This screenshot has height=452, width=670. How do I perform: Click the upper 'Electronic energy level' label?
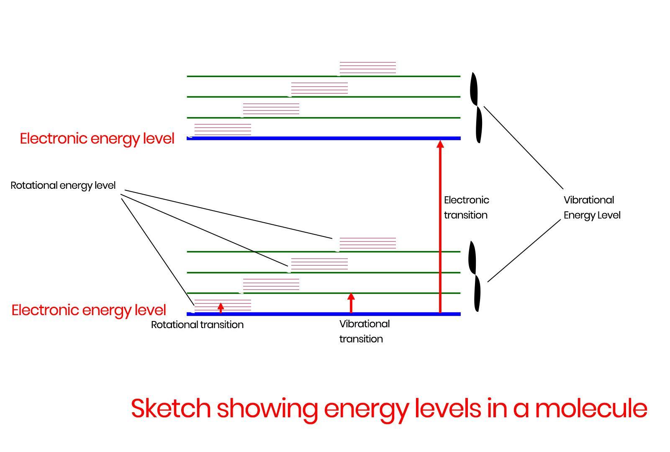tap(97, 139)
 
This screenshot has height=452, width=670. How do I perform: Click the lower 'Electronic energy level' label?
tap(89, 310)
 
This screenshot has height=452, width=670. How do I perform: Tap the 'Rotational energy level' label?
tap(63, 185)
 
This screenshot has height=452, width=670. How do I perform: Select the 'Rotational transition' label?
tap(197, 325)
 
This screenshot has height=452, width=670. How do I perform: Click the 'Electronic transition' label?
tap(466, 208)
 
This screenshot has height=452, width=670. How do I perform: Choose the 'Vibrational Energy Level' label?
tap(592, 208)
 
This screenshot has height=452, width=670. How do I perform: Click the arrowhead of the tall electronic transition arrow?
tap(440, 144)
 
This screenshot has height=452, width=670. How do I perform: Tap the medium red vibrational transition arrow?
tap(351, 303)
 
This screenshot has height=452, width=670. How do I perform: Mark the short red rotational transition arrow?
tap(221, 308)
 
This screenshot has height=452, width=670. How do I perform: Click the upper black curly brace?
tap(476, 107)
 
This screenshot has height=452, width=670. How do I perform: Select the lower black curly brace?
tap(475, 276)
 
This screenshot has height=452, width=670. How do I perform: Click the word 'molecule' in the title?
tap(590, 408)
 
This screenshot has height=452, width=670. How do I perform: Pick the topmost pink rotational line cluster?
tap(367, 67)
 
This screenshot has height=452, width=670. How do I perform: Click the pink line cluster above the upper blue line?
tap(223, 129)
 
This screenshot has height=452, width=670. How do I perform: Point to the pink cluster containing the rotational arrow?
tap(223, 305)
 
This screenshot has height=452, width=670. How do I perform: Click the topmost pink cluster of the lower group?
tap(367, 243)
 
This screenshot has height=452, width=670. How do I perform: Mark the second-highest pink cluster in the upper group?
tap(319, 88)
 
